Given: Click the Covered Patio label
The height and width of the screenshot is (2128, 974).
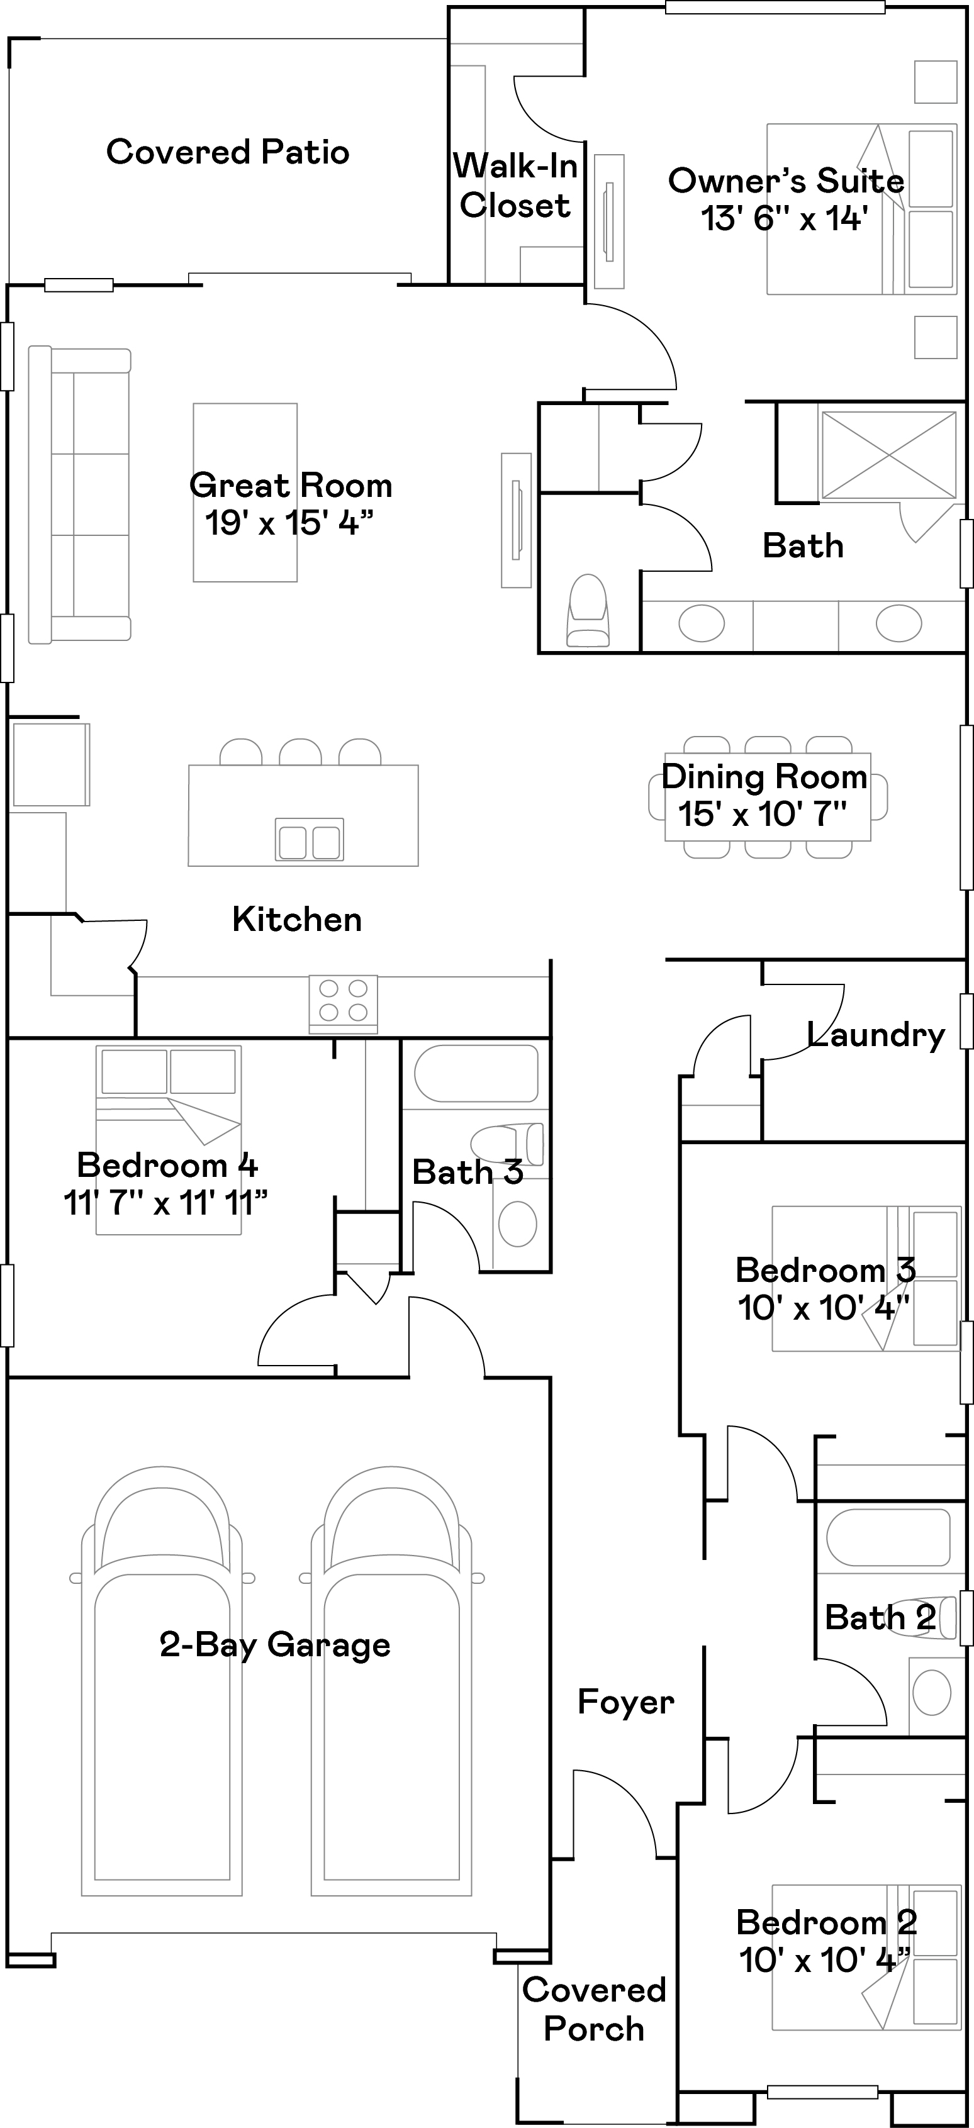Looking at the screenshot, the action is click(228, 152).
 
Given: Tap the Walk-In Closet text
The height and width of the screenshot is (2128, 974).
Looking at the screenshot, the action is click(515, 186).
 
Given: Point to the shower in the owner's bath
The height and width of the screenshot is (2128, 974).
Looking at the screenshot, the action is click(889, 456).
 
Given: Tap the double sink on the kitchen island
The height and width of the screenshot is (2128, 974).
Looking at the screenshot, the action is click(309, 840).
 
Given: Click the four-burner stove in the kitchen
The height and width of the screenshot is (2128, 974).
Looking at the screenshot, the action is click(343, 1004).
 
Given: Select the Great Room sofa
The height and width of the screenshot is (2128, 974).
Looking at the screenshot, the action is click(79, 494).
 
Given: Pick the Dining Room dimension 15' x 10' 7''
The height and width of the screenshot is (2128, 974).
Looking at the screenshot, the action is click(763, 814).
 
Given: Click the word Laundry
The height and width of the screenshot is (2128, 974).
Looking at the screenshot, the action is click(876, 1035).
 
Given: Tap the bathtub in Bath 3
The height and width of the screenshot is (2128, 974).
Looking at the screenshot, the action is click(476, 1073).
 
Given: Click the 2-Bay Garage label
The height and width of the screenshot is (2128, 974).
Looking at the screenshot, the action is click(275, 1645).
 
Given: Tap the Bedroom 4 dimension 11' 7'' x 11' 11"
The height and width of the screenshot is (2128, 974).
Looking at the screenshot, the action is click(166, 1203).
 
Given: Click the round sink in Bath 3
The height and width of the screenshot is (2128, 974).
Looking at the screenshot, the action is click(518, 1223).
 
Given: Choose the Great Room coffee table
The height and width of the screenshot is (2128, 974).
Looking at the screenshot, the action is click(245, 493).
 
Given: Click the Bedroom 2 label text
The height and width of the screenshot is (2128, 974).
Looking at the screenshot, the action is click(826, 1922).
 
